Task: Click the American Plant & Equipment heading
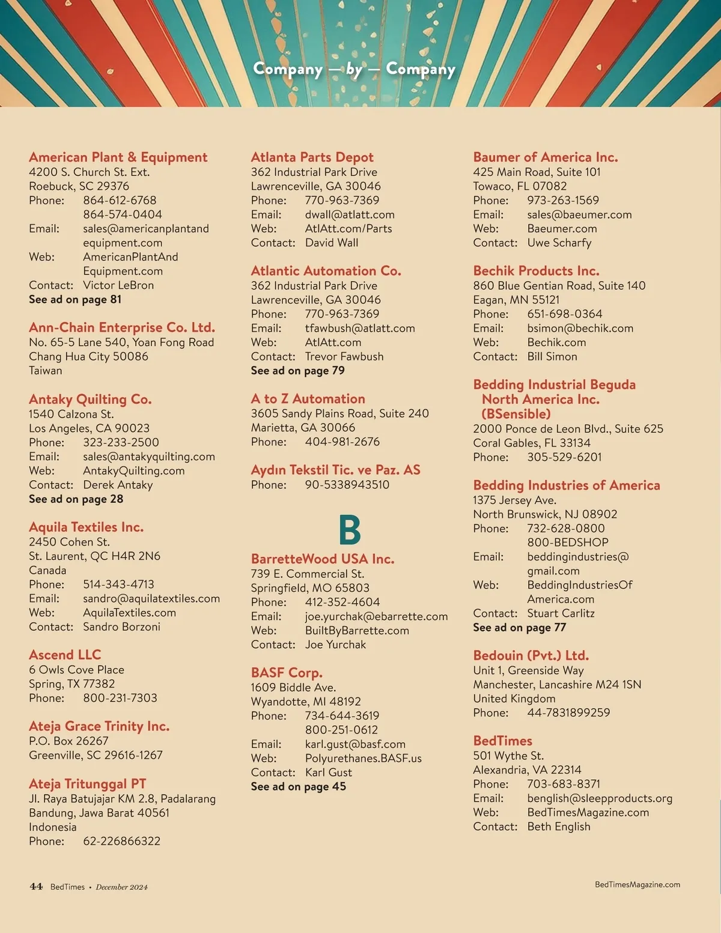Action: [x=118, y=157]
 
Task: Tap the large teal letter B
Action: [x=350, y=530]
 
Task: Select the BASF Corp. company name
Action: [x=287, y=673]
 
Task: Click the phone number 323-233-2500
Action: [x=121, y=443]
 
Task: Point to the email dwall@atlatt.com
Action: [x=350, y=214]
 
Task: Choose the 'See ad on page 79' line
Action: [x=297, y=371]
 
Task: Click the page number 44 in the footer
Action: [x=36, y=886]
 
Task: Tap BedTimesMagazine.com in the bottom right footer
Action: [x=637, y=884]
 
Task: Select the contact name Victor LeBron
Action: [x=118, y=285]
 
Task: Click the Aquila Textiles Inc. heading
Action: [x=86, y=527]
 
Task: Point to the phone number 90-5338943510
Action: [x=347, y=485]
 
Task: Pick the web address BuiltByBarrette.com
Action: [x=357, y=631]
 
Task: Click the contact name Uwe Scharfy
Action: [x=559, y=243]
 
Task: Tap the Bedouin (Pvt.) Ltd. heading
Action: [x=531, y=655]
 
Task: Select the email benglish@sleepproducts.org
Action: [x=600, y=798]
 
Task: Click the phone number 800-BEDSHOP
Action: [x=568, y=542]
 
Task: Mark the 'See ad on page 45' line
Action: [x=298, y=786]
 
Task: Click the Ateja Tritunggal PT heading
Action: [x=87, y=784]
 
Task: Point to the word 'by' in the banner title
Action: [x=354, y=70]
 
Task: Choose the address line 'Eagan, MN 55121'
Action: [x=516, y=300]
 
